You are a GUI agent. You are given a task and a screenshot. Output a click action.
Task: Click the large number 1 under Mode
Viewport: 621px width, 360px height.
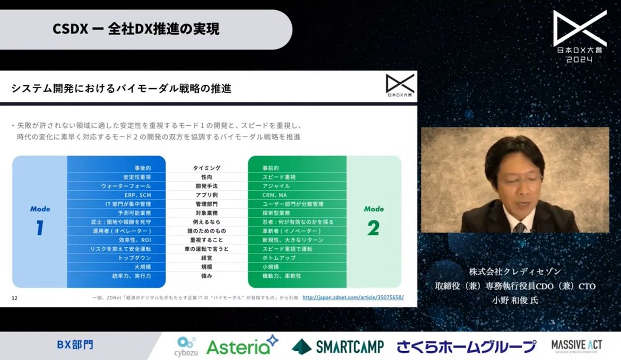pos(39,228)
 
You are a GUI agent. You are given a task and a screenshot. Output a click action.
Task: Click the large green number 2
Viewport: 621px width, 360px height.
pos(373,228)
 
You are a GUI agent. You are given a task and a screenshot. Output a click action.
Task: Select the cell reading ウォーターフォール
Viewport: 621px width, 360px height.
pos(134,186)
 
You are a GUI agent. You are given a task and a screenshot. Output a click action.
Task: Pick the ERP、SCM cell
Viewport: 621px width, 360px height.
pos(138,195)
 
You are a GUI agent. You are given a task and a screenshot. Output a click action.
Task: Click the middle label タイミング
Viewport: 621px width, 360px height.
pos(206,168)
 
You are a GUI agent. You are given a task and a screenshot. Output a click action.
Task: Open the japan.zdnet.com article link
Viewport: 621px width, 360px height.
pos(352,297)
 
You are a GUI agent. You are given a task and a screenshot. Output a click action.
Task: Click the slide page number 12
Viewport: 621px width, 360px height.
pos(14,297)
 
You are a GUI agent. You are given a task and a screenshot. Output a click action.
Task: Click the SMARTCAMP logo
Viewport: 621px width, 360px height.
pos(337,346)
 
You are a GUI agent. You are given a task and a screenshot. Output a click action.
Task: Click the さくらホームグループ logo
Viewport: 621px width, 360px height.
pos(466,346)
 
